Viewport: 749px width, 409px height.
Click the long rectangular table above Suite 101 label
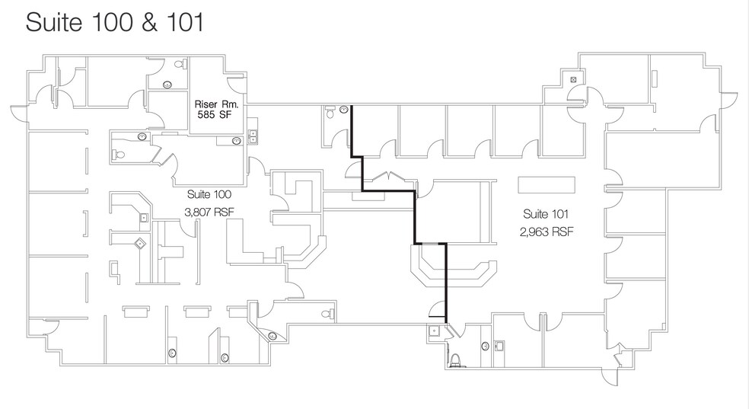coord(547,186)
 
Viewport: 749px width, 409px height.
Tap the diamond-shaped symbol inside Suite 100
coord(140,244)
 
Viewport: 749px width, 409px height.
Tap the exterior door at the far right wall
coord(731,97)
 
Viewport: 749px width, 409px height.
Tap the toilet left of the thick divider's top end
coord(329,113)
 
